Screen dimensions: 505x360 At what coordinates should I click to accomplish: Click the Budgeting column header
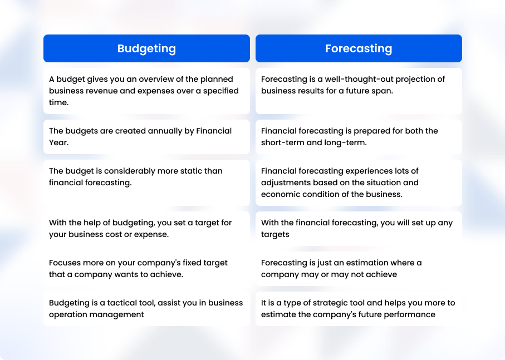click(146, 48)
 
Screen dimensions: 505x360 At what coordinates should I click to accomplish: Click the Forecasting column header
click(359, 48)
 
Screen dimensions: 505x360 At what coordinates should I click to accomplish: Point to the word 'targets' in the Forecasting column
click(275, 235)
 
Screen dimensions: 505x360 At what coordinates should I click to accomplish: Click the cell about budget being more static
click(146, 183)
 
